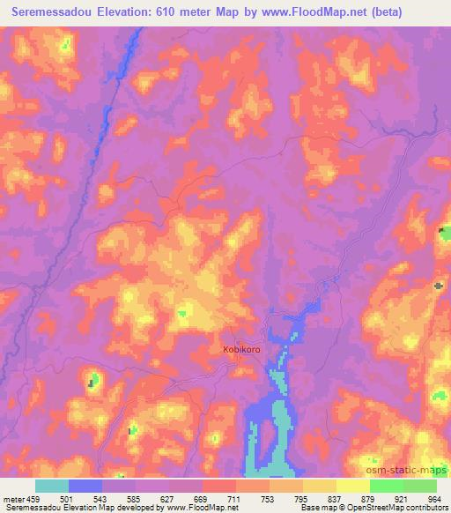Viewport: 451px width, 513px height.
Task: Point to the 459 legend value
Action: coord(33,499)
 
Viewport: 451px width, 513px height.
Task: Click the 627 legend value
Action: coord(168,499)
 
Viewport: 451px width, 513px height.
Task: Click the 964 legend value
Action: coord(433,499)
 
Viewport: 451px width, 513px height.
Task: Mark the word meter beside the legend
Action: coord(12,499)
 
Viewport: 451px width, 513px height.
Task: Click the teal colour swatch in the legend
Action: coord(51,486)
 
